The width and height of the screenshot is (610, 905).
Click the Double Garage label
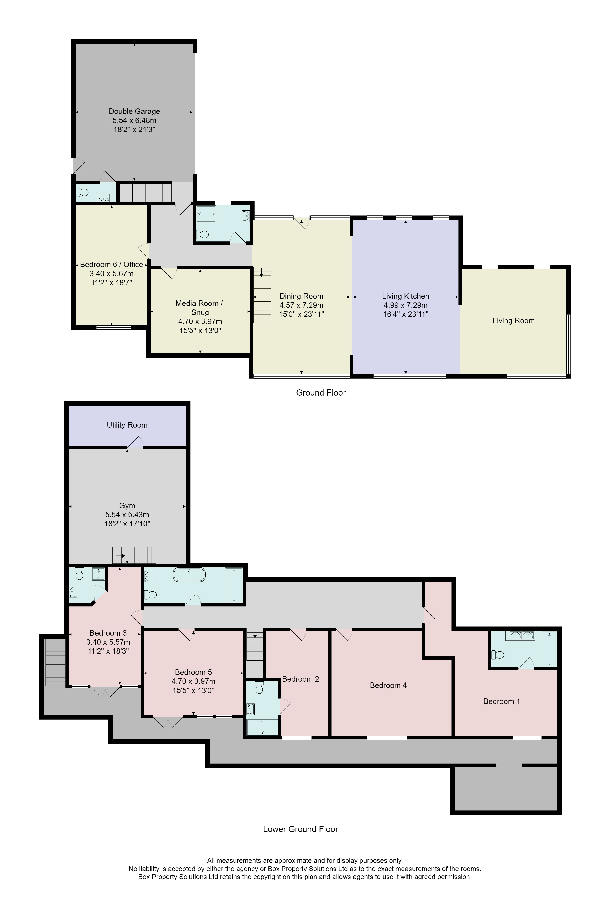[x=134, y=111]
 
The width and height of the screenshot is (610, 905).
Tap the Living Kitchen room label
[x=405, y=296]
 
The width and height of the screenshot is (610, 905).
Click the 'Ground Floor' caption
[x=321, y=392]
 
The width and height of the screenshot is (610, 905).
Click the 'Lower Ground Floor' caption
[x=300, y=829]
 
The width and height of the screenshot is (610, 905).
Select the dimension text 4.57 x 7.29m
[x=301, y=305]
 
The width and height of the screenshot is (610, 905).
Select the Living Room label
[x=513, y=320]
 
